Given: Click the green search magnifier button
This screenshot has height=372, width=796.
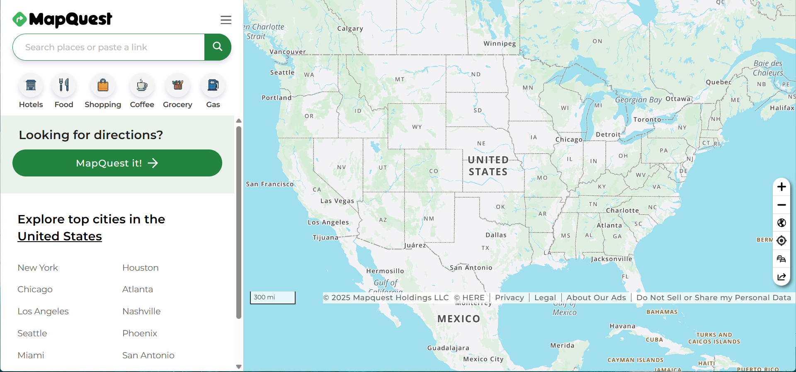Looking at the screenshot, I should coord(218,47).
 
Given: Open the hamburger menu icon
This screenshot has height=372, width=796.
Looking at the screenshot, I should coord(226,20).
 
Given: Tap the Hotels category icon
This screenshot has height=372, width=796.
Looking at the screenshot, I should coord(31,86).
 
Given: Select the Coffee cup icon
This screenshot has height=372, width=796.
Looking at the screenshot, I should coord(142,86).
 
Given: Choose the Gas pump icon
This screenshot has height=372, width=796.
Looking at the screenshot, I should coord(213,86).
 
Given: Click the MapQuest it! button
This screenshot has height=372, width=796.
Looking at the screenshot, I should coord(117,163).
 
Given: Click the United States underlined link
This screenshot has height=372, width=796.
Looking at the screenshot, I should coord(60,236).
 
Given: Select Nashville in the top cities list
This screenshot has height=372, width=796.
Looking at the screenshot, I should coord(141,311).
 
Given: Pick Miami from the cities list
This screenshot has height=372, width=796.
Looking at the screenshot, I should coord(31,355).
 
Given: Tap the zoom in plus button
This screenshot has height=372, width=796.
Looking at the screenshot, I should coord(781,187).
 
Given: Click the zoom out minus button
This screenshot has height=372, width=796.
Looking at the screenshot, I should coord(781,205).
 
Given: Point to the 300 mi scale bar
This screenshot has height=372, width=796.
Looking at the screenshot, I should coord(272,298).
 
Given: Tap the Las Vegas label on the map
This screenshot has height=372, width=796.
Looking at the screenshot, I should coord(337,201).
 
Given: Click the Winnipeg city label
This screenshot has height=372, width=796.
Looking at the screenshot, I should coord(500,44).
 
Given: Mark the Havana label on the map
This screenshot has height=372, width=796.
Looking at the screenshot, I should coord(622,326).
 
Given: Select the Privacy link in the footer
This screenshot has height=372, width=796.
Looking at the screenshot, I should coord(509,298).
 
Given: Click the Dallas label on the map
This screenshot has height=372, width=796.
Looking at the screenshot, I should coord(496,235).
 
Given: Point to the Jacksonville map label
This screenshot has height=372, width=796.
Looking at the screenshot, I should coord(612,259).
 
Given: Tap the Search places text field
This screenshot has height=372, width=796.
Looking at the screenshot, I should coord(109,47).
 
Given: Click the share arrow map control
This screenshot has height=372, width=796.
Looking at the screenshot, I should coord(781,277).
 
